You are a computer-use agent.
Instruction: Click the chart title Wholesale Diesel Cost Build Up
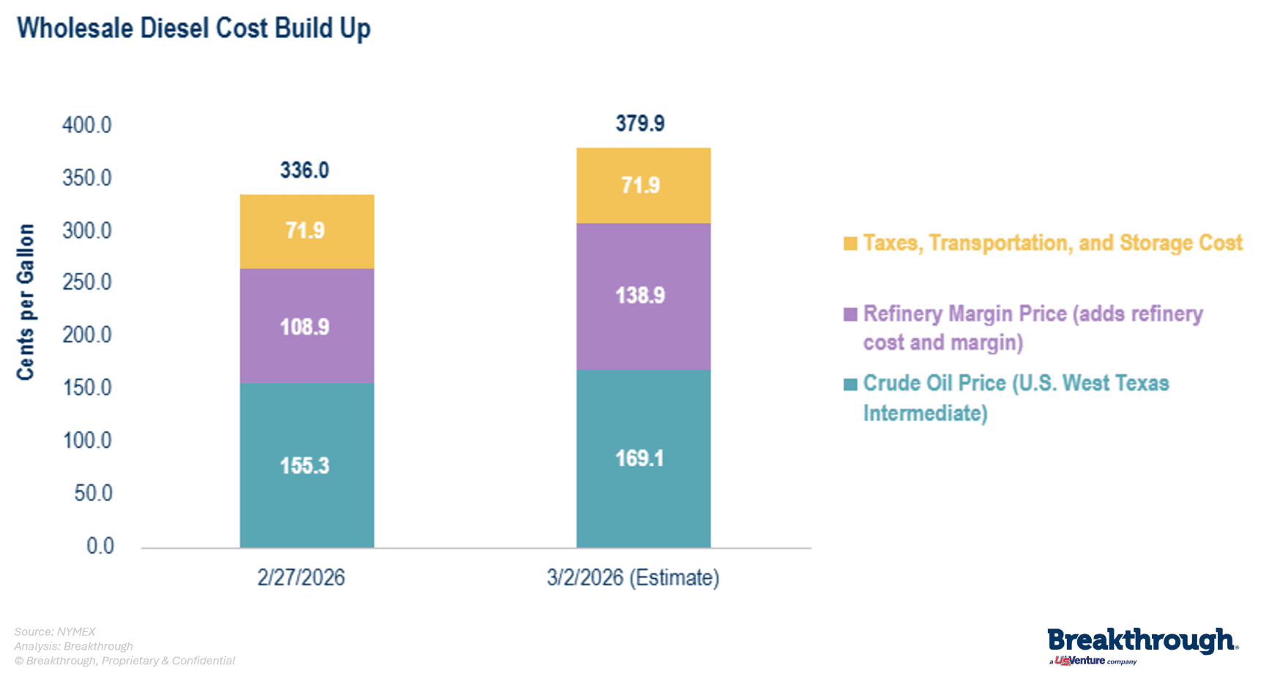click(x=194, y=29)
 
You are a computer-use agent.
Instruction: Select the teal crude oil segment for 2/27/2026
click(x=307, y=465)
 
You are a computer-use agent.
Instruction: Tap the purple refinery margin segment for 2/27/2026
click(x=307, y=326)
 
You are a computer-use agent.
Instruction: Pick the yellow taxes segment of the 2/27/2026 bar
click(x=307, y=231)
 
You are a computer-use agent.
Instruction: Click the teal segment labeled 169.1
click(x=643, y=459)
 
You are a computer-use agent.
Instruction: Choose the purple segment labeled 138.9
click(x=643, y=296)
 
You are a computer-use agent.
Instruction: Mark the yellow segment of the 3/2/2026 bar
click(x=643, y=185)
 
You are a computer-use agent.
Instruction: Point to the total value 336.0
click(x=304, y=170)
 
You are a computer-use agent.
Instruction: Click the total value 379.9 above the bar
click(x=640, y=123)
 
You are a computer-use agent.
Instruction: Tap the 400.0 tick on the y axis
click(x=87, y=125)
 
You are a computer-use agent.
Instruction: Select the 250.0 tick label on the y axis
click(x=87, y=282)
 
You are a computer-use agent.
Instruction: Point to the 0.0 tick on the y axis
click(x=100, y=546)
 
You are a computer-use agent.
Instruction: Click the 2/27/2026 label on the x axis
click(x=301, y=577)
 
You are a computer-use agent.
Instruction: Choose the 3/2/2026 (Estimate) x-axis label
click(x=633, y=577)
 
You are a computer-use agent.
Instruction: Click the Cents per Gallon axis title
click(x=26, y=301)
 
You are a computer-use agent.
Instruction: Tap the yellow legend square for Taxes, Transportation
click(x=850, y=244)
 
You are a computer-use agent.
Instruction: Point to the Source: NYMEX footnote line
click(x=55, y=631)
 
